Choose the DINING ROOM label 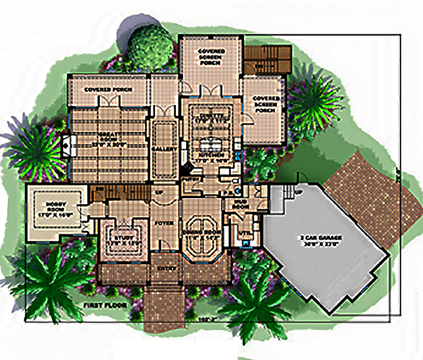coord(201,235)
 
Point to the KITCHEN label coord(209,157)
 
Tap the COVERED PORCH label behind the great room coord(108,90)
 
